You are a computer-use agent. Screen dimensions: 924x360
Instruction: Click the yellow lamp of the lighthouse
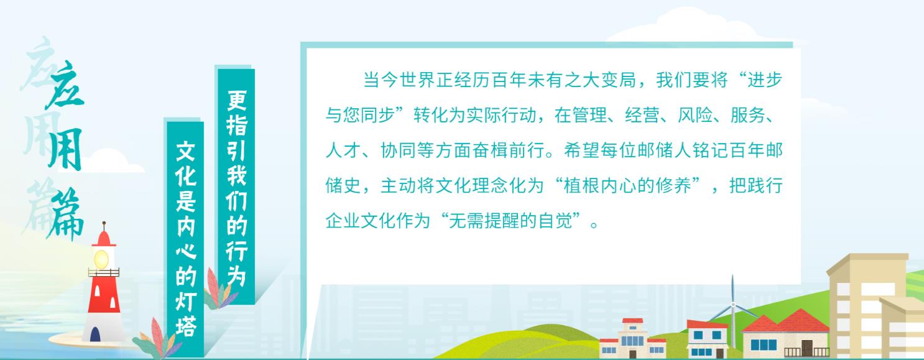tap(101, 259)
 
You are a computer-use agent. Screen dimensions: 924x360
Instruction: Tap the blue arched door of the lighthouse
tap(95, 334)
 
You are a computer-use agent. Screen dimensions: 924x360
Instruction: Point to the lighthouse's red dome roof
tap(104, 238)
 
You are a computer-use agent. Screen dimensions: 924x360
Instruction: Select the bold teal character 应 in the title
tap(66, 85)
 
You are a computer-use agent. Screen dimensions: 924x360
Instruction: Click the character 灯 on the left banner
tap(186, 302)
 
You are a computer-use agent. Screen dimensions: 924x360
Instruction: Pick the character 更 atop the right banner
tap(236, 100)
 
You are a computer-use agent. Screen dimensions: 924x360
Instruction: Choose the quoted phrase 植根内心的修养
tap(627, 186)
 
